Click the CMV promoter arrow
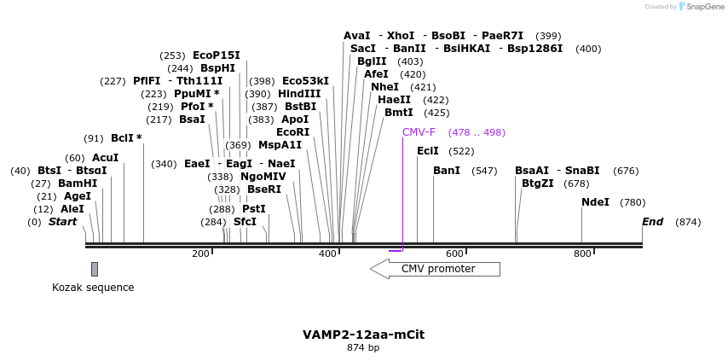(x=435, y=269)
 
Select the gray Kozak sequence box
(x=95, y=269)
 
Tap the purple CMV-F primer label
(x=419, y=132)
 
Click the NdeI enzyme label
(x=595, y=202)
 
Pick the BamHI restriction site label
(x=78, y=183)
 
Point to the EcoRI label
(x=293, y=132)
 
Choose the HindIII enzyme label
(x=299, y=94)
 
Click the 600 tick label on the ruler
(x=454, y=253)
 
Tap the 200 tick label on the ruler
(x=200, y=253)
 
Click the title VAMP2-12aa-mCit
(x=363, y=335)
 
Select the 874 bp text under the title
(x=363, y=348)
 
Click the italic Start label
(x=62, y=222)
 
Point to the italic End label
(x=652, y=222)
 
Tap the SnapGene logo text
(x=705, y=7)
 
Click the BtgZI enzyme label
(x=537, y=183)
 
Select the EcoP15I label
(x=217, y=55)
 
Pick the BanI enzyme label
(x=447, y=171)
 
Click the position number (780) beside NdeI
(x=633, y=202)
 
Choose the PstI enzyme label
(x=254, y=209)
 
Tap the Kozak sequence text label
(x=93, y=288)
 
